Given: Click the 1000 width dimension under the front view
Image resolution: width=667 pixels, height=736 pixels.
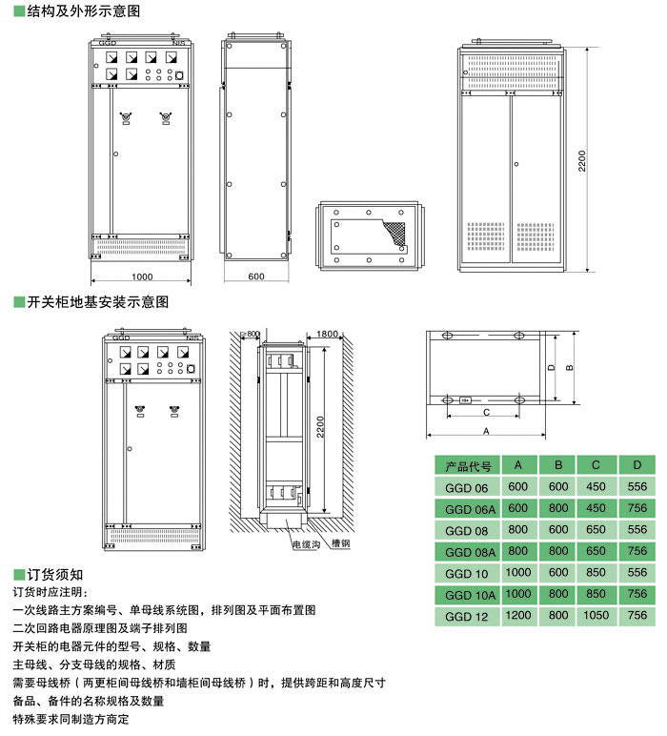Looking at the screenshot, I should (142, 276).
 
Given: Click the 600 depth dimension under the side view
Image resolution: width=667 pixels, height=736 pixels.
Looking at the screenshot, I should (255, 276).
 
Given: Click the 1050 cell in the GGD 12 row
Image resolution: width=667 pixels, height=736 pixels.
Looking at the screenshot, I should (596, 617).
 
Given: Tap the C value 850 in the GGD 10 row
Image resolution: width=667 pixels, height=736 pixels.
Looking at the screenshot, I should (596, 574).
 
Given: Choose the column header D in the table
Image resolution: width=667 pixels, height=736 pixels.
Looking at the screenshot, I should (637, 466).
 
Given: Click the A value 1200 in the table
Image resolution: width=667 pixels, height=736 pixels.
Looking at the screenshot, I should (518, 617).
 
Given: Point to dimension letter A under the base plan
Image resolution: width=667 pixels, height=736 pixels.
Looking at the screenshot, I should (486, 431).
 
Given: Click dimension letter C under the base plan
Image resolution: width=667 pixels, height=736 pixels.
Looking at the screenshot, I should (486, 413).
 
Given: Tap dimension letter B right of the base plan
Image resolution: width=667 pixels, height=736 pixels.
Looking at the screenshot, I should (569, 366).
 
